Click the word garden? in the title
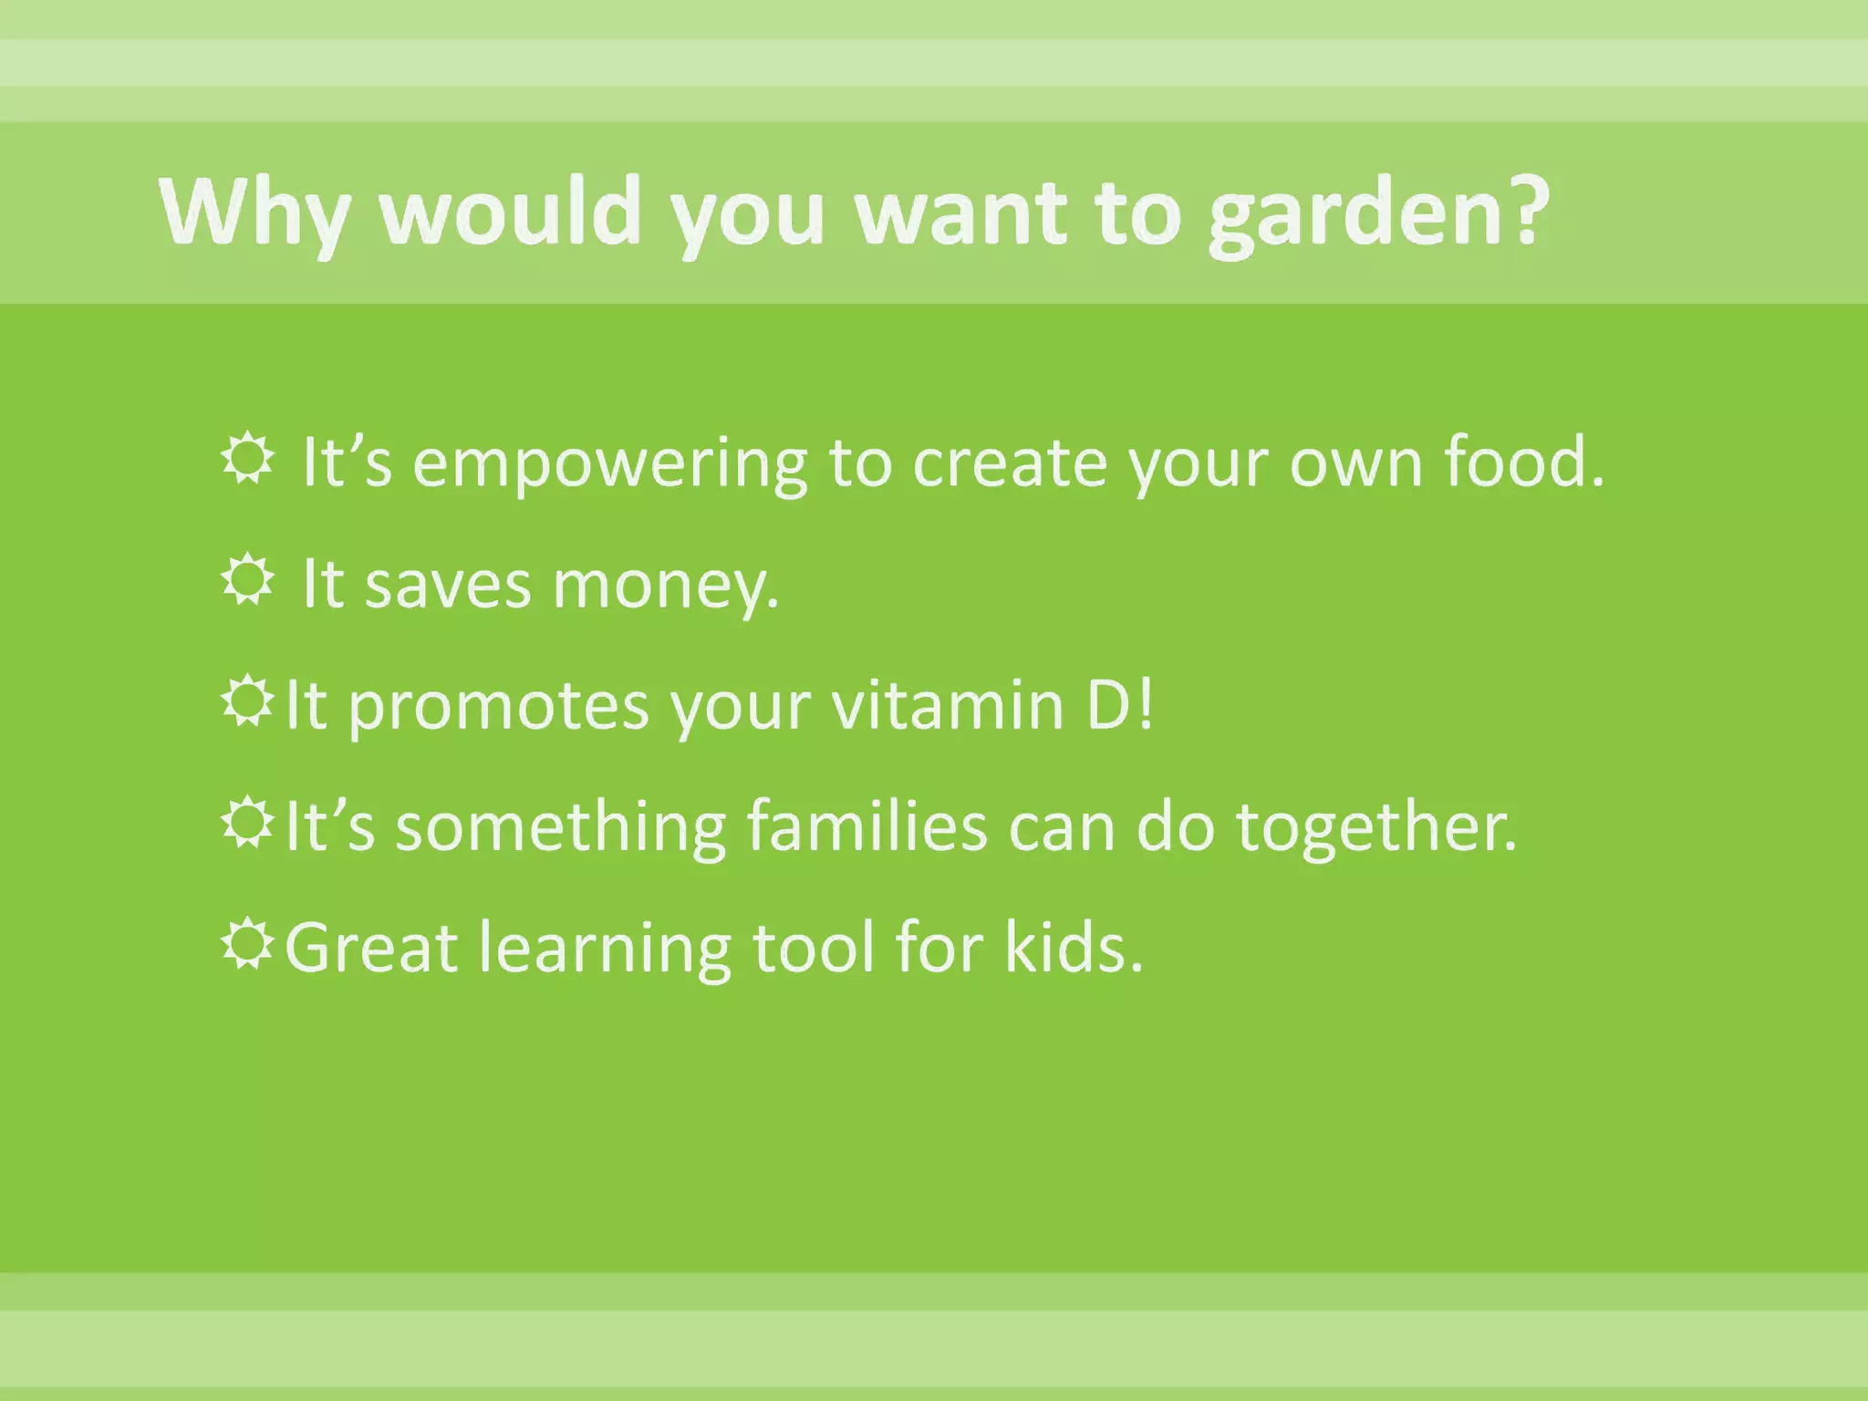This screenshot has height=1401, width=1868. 1377,214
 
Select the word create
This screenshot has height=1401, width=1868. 1009,463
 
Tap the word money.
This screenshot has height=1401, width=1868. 666,586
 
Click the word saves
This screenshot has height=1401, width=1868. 447,586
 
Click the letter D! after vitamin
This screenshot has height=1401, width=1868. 1120,705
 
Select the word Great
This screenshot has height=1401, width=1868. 372,948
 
